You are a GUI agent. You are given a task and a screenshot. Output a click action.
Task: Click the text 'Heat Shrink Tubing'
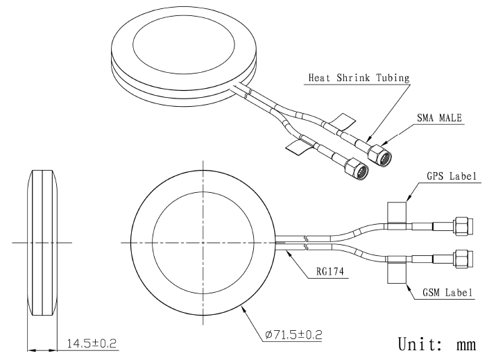point(359,78)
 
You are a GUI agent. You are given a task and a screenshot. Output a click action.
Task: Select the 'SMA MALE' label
point(439,118)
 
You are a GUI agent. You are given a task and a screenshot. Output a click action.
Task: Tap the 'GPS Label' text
point(452,176)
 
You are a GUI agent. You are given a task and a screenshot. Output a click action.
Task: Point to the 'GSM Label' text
point(447,293)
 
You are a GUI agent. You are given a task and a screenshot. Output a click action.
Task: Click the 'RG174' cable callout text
point(330,271)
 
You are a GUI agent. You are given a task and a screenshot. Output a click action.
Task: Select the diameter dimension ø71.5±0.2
point(294,334)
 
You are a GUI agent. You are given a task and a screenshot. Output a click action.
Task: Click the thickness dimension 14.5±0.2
point(92,343)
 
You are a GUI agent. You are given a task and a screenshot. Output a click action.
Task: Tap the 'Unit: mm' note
point(437,344)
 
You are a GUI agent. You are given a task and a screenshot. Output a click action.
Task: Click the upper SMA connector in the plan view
point(463,226)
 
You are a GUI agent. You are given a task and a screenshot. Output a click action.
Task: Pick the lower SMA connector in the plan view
point(463,259)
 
